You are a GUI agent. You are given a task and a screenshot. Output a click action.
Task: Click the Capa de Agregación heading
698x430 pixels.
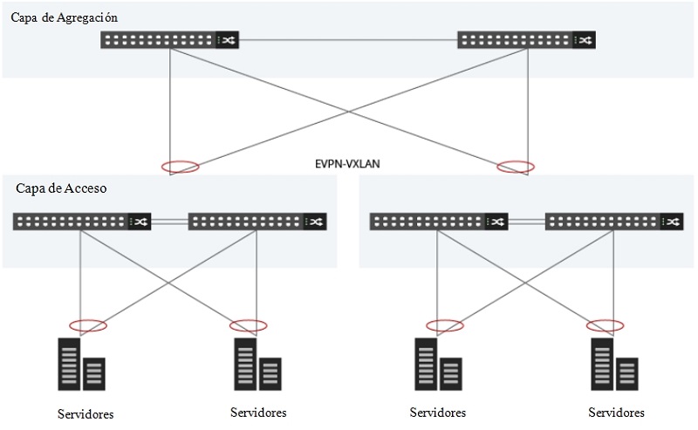64,17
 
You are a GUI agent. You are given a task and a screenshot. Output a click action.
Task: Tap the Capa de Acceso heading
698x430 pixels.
61,188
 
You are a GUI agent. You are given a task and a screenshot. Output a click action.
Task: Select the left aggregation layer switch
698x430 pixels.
169,40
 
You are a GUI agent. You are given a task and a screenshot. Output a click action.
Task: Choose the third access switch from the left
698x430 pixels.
439,222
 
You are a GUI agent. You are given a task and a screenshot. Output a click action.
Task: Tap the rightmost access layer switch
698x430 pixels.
614,222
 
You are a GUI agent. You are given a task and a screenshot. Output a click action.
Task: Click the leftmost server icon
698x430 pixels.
82,365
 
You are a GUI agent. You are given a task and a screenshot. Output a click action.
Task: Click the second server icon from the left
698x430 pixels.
257,365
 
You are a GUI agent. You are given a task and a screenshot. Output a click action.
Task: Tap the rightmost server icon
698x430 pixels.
615,365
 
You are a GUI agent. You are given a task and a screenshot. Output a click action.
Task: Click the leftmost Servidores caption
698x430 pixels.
86,413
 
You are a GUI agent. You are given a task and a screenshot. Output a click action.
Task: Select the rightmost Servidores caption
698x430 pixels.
616,413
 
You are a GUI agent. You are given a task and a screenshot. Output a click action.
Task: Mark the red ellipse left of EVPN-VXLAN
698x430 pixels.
181,167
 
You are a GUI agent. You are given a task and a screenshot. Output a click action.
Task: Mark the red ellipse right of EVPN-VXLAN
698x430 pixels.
516,166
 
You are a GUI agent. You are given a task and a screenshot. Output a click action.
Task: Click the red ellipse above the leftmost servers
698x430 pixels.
87,325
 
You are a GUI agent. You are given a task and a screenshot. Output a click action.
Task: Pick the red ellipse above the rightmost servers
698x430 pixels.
606,325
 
